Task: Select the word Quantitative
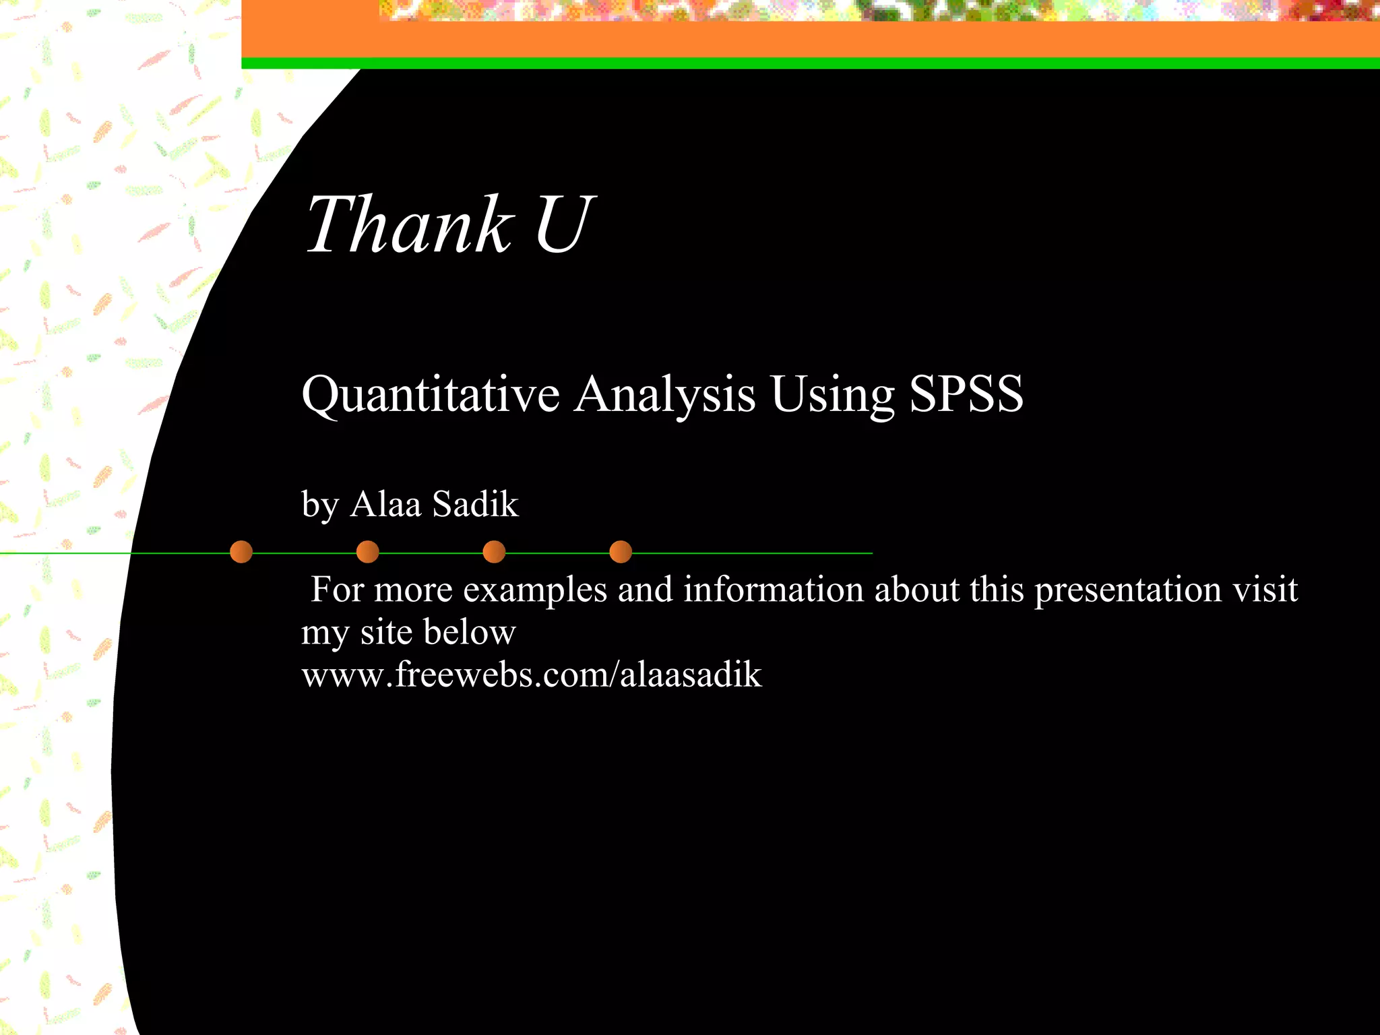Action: [431, 394]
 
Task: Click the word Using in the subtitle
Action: [832, 394]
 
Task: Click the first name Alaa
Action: [385, 504]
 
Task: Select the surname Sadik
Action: [475, 504]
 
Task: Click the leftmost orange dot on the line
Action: [241, 552]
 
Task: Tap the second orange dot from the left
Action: [367, 552]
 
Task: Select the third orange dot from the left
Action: [494, 552]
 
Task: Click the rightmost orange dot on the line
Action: [621, 552]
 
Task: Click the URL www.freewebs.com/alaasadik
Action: [531, 675]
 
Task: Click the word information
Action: [773, 590]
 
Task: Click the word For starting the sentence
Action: [337, 590]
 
